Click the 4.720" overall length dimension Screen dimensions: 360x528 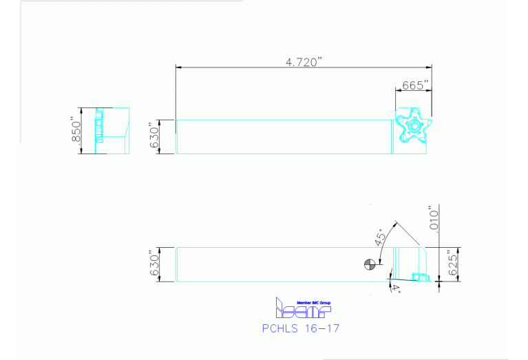pyautogui.click(x=304, y=62)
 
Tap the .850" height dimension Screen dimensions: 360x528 pyautogui.click(x=76, y=131)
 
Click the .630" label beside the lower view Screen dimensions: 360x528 pyautogui.click(x=155, y=264)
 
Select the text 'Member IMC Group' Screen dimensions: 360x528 pyautogui.click(x=313, y=302)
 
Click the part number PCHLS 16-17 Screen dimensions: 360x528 pyautogui.click(x=300, y=328)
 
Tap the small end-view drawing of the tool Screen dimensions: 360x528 pyautogui.click(x=112, y=131)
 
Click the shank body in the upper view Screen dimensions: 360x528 pyautogui.click(x=282, y=136)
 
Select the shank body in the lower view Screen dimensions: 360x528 pyautogui.click(x=275, y=264)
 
